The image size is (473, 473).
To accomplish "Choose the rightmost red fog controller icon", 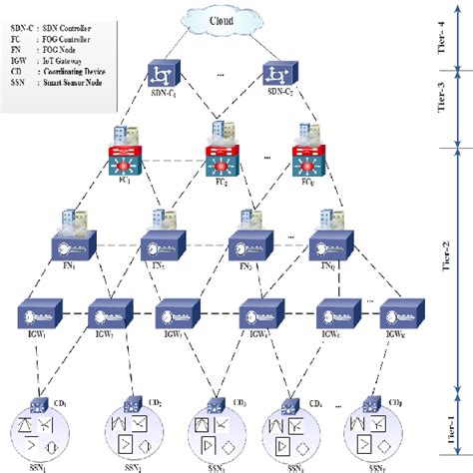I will point(308,163).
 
